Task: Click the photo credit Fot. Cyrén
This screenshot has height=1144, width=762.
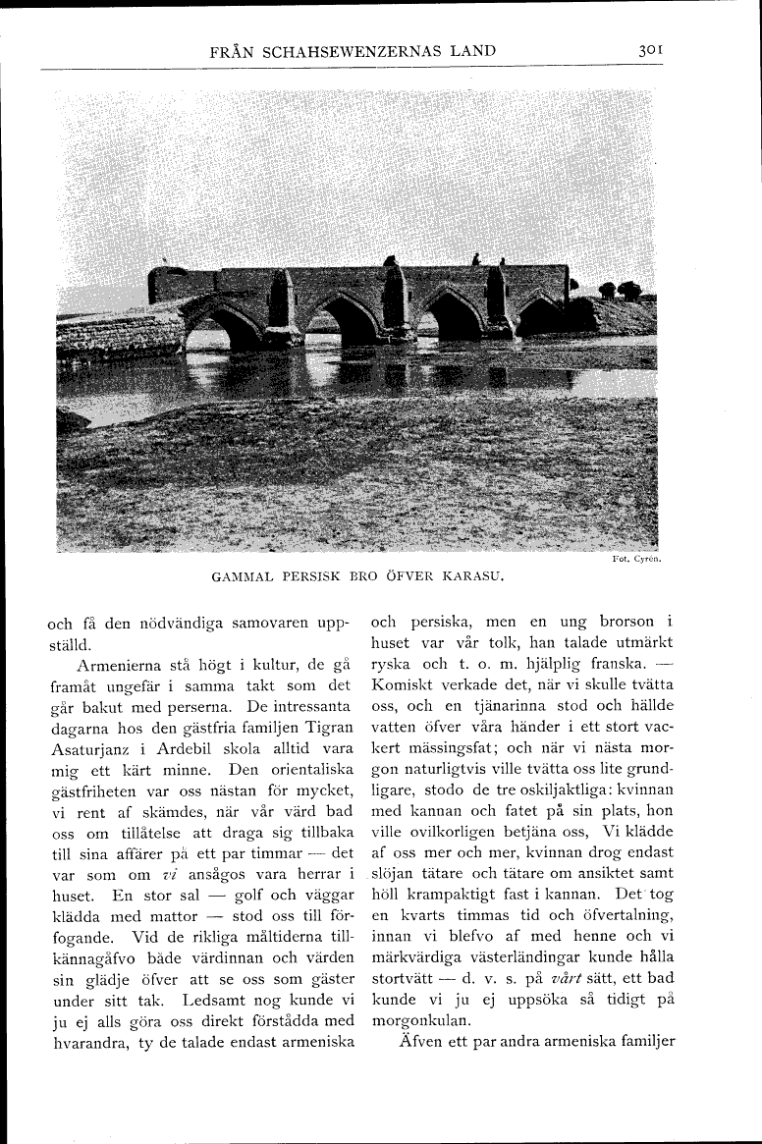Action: pos(635,560)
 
